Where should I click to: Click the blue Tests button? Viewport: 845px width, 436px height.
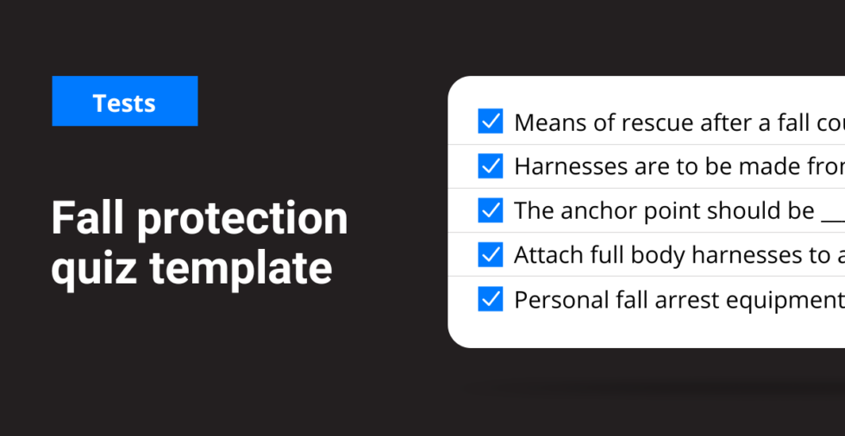tap(124, 102)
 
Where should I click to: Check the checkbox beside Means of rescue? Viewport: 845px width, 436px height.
tap(490, 121)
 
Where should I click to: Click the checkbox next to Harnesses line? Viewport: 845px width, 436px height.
tap(490, 165)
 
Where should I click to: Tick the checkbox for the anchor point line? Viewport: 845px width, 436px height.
tap(490, 210)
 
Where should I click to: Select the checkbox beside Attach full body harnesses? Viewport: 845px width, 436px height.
tap(490, 255)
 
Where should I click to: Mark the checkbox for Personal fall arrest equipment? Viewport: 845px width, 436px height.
tap(490, 299)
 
